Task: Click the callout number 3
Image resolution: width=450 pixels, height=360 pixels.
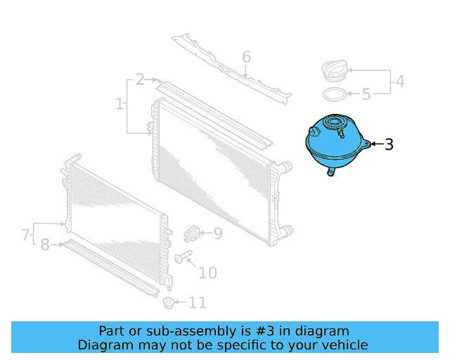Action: tap(388, 145)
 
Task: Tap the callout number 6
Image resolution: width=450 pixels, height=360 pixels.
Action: tap(246, 57)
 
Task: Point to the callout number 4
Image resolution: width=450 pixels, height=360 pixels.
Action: tap(399, 82)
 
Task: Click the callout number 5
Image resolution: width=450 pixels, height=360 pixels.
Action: tap(366, 94)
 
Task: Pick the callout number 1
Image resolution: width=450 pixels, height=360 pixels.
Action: tap(119, 105)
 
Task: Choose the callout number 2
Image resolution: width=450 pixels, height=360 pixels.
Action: tap(141, 79)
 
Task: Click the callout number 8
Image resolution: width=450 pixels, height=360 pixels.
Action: tap(45, 245)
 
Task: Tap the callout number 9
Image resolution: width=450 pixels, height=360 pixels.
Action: tap(217, 233)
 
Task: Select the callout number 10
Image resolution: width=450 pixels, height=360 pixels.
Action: tap(208, 273)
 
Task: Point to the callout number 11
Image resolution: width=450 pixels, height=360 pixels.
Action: tap(198, 303)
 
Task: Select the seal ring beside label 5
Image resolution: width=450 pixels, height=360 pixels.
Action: tap(335, 94)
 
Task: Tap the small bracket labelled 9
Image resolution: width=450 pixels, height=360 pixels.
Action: tap(193, 232)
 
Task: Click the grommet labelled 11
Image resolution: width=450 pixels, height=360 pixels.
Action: tap(168, 303)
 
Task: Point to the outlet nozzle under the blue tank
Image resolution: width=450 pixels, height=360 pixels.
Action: tap(331, 171)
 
